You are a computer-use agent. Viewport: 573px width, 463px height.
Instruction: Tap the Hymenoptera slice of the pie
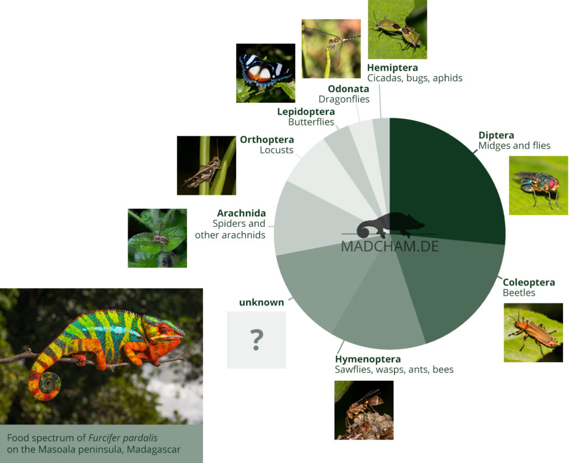pyautogui.click(x=380, y=311)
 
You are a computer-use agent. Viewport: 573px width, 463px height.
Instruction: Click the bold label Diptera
pyautogui.click(x=496, y=135)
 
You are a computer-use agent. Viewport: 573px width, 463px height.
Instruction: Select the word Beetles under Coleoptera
pyautogui.click(x=519, y=293)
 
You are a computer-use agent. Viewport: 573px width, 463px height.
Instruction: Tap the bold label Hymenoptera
pyautogui.click(x=368, y=359)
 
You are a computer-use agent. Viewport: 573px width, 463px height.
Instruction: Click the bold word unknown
pyautogui.click(x=261, y=302)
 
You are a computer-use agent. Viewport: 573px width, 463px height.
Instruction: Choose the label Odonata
pyautogui.click(x=348, y=89)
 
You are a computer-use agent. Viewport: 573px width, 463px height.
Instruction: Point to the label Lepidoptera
pyautogui.click(x=306, y=111)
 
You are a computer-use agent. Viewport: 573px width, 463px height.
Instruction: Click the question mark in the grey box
pyautogui.click(x=256, y=340)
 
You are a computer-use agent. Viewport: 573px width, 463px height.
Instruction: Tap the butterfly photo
pyautogui.click(x=266, y=73)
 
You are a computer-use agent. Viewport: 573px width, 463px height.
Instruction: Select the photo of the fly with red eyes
pyautogui.click(x=538, y=185)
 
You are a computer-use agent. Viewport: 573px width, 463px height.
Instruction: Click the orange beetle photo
pyautogui.click(x=533, y=333)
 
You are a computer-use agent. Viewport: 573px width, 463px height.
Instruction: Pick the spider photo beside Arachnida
pyautogui.click(x=157, y=238)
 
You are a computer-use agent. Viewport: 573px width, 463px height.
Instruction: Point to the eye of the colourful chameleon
pyautogui.click(x=163, y=328)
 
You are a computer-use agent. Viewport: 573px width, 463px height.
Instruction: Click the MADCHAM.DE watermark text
pyautogui.click(x=389, y=246)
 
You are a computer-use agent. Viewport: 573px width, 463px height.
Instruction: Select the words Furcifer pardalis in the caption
pyautogui.click(x=123, y=438)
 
